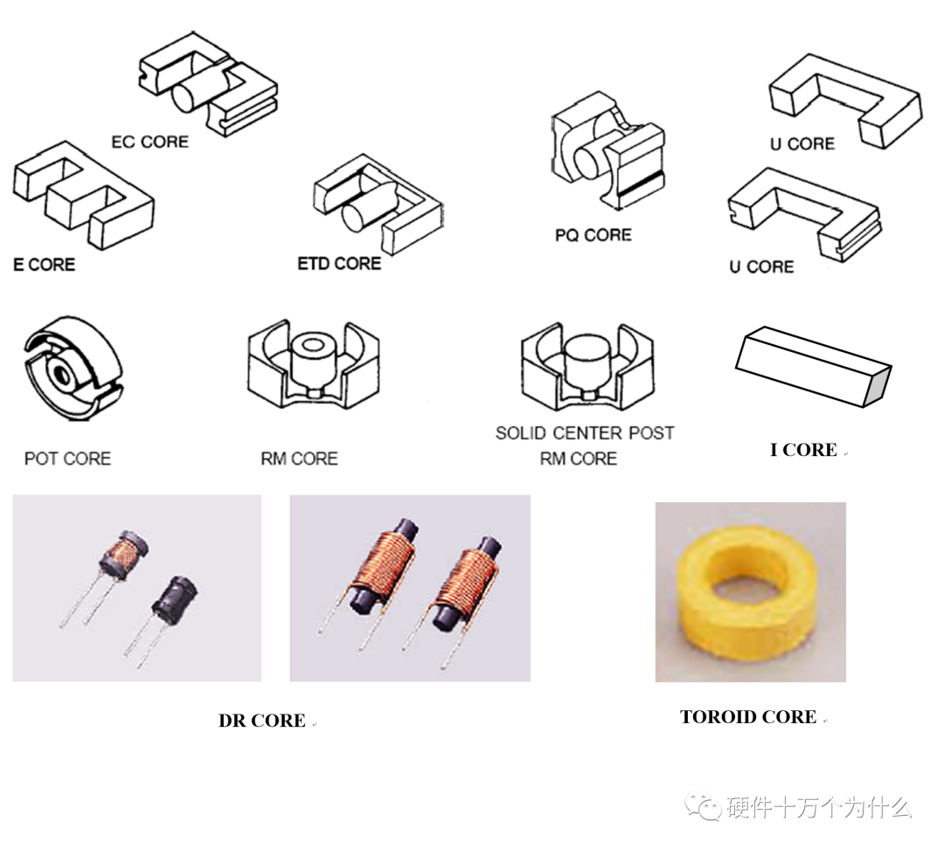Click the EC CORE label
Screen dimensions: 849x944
149,141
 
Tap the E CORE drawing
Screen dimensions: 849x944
83,196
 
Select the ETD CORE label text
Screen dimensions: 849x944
339,263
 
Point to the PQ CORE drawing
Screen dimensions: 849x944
607,149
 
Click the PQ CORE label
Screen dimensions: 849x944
593,235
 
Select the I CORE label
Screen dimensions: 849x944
803,450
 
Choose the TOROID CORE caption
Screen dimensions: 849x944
748,717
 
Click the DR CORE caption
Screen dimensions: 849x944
261,721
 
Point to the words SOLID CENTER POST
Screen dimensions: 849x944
585,433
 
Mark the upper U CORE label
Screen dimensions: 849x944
802,144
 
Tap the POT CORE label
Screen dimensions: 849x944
67,459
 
